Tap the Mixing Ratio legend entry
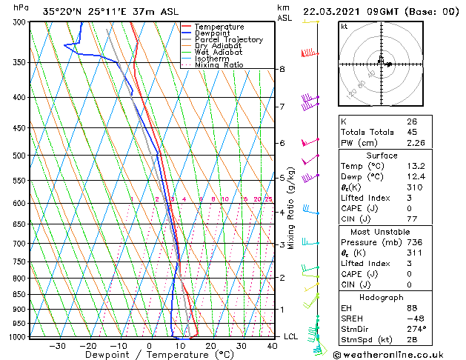[x=219, y=64]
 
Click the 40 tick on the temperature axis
[x=273, y=346]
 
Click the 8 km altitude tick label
[x=282, y=69]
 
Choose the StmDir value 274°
[x=416, y=329]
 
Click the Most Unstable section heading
[x=382, y=232]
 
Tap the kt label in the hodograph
[x=344, y=27]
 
